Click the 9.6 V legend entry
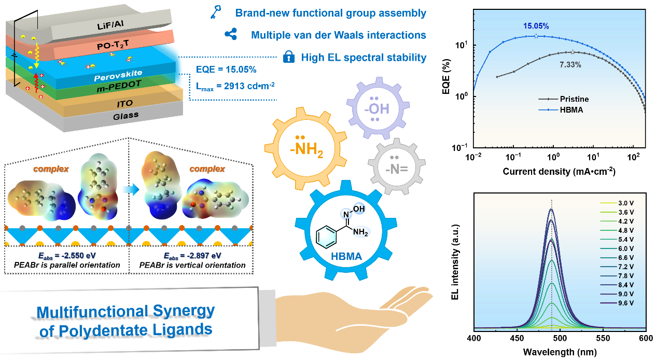coord(622,302)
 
